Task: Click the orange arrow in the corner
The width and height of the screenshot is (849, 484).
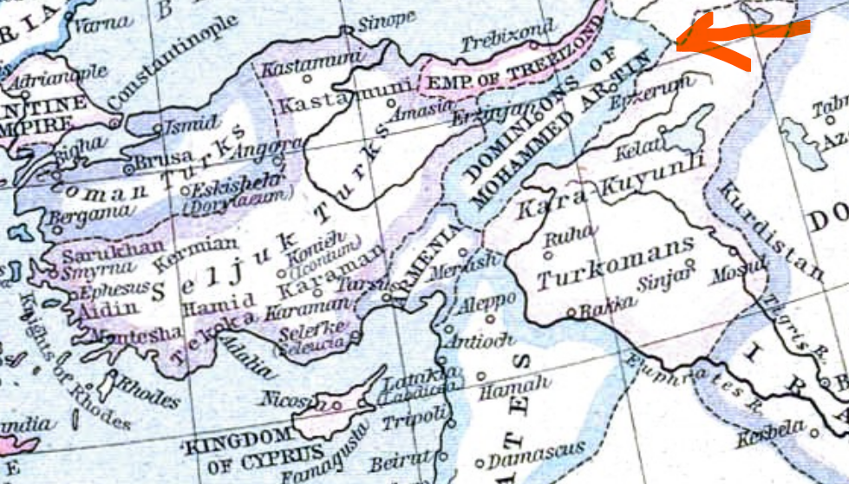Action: [737, 40]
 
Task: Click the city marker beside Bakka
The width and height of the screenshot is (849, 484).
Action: [571, 311]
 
